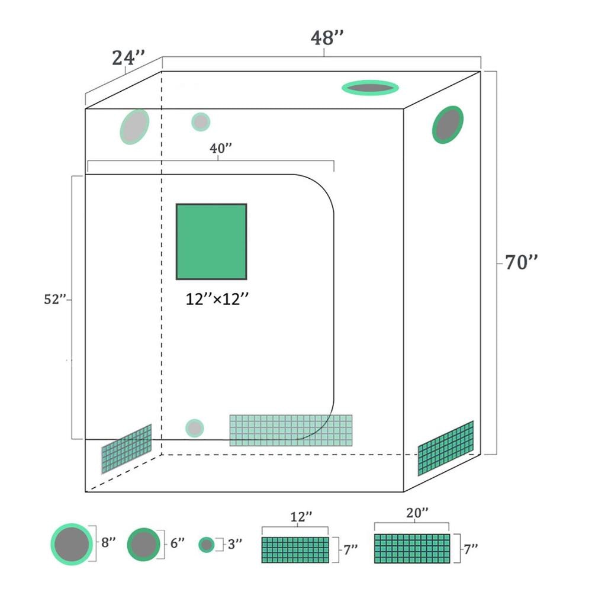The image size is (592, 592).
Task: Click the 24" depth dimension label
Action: [128, 59]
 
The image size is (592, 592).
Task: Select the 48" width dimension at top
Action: [327, 38]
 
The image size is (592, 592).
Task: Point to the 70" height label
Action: [521, 262]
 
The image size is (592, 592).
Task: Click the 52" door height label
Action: [54, 300]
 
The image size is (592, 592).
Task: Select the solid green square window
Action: [211, 241]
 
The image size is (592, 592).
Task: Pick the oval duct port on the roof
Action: [370, 88]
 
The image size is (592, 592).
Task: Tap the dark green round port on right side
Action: [448, 124]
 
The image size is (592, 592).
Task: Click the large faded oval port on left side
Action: [134, 127]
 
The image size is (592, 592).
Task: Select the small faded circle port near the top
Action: [201, 122]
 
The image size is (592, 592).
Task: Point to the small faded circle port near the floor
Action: [194, 428]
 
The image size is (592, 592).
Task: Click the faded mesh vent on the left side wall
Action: [126, 449]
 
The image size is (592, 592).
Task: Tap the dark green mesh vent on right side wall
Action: [446, 448]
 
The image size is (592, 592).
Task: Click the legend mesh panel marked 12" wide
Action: [295, 550]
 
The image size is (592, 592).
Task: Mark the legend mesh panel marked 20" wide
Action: [411, 548]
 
